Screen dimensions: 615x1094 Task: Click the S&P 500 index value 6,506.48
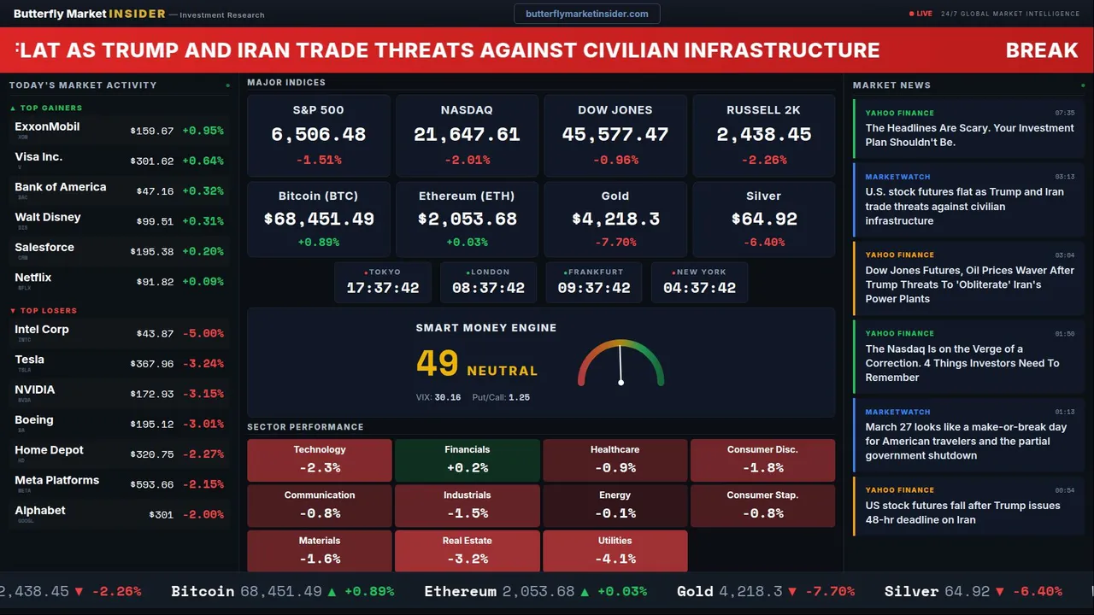318,135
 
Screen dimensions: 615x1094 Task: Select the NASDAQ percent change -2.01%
467,160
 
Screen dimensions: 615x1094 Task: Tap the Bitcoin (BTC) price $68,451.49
319,220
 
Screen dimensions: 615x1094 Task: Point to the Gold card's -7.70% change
615,243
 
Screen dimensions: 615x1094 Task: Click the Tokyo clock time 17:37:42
382,289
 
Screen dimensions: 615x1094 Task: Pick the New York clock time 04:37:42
699,289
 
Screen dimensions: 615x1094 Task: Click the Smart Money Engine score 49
438,364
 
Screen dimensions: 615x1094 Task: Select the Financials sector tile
467,460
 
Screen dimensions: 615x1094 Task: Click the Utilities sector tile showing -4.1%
615,551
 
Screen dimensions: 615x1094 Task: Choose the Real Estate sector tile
467,551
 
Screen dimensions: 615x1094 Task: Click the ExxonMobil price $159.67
152,132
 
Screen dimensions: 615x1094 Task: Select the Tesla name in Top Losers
30,360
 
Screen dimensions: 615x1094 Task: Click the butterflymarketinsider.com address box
586,14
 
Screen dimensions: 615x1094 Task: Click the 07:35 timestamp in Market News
1064,113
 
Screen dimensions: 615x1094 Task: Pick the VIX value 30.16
447,397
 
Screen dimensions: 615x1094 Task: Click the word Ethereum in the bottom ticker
460,591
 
